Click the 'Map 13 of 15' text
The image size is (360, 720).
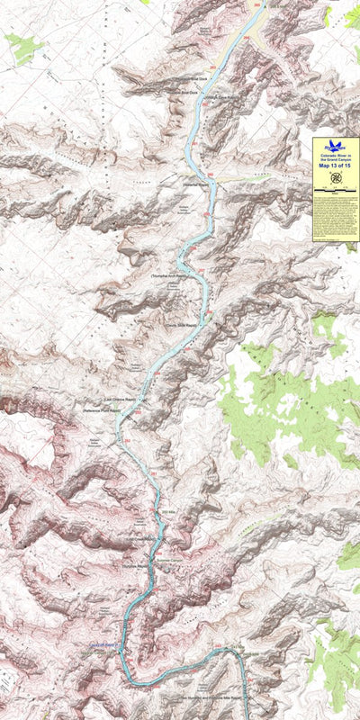[335, 165]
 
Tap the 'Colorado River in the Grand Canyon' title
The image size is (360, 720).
[335, 156]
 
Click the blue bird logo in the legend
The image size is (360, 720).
[335, 144]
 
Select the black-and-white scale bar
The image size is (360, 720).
[335, 192]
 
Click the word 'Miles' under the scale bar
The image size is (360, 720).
[335, 196]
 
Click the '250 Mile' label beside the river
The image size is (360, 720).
[167, 512]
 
